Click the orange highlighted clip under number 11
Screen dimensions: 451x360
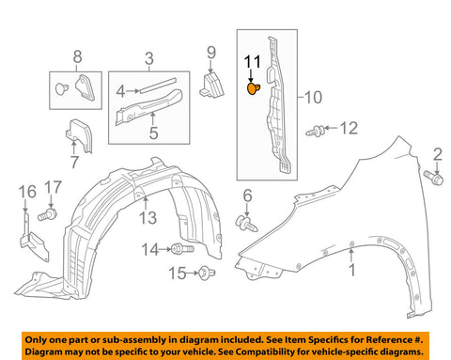(x=253, y=89)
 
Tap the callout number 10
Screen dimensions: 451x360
(x=313, y=98)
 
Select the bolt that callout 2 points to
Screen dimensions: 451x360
(x=433, y=178)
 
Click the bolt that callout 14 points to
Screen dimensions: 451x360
(x=183, y=249)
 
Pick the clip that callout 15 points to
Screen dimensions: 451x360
(x=207, y=273)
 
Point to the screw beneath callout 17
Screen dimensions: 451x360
(x=47, y=215)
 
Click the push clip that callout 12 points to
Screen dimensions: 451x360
(x=316, y=131)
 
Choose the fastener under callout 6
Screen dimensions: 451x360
(x=246, y=224)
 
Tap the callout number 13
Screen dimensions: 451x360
(x=148, y=218)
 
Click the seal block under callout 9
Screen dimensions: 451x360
(x=212, y=86)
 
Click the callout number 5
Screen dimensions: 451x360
(x=153, y=133)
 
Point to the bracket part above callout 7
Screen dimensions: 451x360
(x=80, y=135)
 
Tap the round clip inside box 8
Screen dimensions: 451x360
(x=62, y=88)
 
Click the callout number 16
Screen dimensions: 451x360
(x=27, y=192)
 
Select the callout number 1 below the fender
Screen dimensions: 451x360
(x=352, y=270)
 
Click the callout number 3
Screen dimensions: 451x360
(x=149, y=58)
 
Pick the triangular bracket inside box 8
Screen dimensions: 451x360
(x=86, y=87)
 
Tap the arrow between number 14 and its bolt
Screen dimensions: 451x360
(x=165, y=249)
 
